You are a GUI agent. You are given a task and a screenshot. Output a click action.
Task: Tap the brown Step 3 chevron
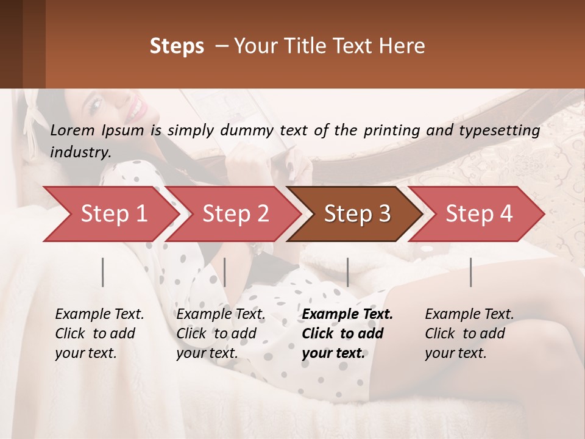(357, 214)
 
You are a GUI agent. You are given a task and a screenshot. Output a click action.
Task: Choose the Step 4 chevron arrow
(479, 214)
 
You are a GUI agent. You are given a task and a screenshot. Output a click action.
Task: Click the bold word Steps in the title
(177, 46)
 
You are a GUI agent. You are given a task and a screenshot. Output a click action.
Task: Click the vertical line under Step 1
(103, 272)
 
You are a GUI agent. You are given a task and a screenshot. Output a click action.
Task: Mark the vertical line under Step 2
(225, 272)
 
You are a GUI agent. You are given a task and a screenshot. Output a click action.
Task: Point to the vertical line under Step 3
(347, 272)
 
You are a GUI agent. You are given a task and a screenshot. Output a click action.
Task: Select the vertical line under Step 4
(470, 272)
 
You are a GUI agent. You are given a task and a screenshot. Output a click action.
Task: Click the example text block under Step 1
(99, 334)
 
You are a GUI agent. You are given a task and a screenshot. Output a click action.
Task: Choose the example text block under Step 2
(221, 334)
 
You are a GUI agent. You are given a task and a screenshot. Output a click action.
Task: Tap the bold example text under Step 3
(347, 334)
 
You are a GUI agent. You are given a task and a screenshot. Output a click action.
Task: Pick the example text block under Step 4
(469, 334)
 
